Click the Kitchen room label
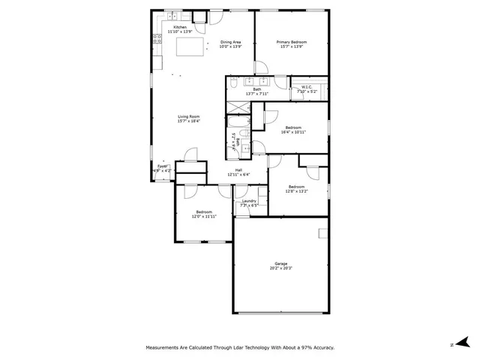tap(179, 29)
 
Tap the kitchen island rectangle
tap(190, 47)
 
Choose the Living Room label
tap(188, 118)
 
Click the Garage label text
tap(281, 265)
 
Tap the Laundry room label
tap(250, 202)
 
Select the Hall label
tap(238, 172)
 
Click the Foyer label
tap(162, 168)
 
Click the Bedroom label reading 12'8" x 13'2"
tap(296, 188)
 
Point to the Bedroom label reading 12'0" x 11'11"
tap(204, 214)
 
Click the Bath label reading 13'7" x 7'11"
tap(256, 91)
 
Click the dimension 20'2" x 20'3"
tap(281, 268)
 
